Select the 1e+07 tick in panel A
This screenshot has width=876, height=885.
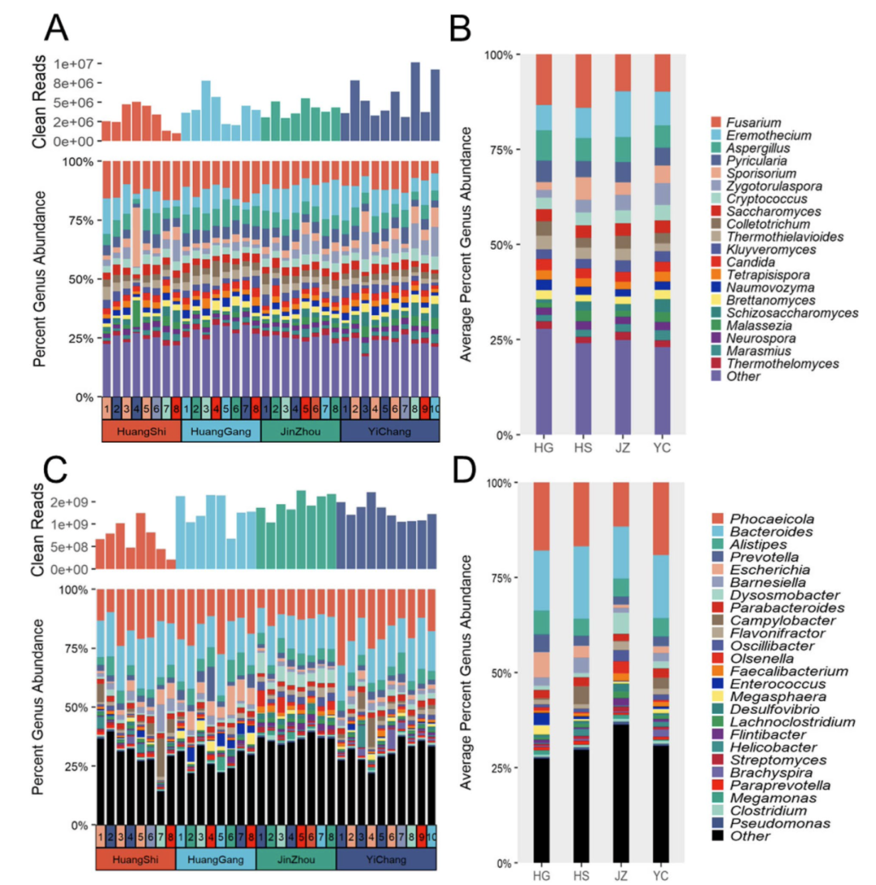point(77,63)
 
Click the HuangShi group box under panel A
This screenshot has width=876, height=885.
point(140,432)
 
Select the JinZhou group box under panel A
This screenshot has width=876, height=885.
point(301,432)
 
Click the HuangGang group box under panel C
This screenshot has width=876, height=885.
point(215,860)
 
